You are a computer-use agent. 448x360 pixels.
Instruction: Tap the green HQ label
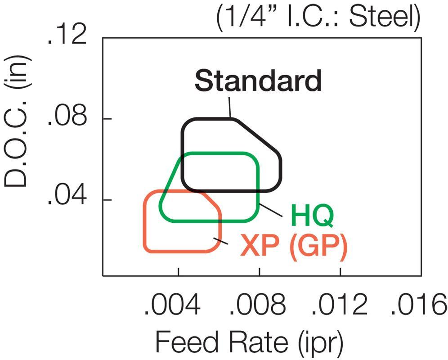(312, 216)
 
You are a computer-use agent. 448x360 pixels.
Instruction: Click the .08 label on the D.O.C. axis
(68, 120)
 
